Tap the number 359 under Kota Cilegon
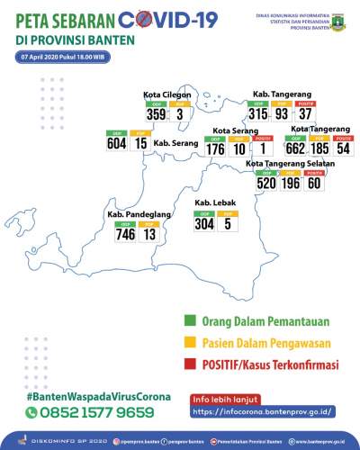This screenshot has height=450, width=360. pyautogui.click(x=157, y=114)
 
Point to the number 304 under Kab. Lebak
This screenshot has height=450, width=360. pyautogui.click(x=204, y=224)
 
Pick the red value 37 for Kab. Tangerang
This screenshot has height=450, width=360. pyautogui.click(x=306, y=113)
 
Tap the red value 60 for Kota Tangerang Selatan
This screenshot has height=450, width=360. pyautogui.click(x=314, y=183)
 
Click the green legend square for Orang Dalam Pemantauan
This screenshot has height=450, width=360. pyautogui.click(x=191, y=320)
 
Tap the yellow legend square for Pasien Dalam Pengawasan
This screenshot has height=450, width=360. pyautogui.click(x=191, y=343)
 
